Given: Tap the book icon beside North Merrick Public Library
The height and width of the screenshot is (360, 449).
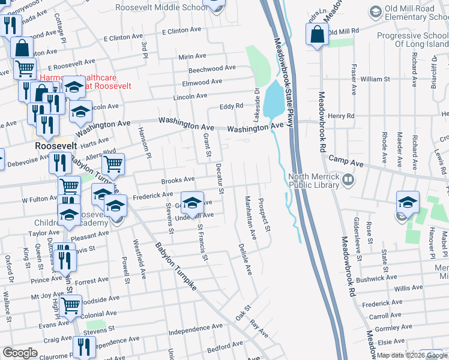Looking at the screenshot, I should (348, 179).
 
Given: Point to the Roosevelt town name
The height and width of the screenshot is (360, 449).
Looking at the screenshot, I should (53, 146).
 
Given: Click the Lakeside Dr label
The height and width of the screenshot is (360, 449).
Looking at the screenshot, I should (256, 100).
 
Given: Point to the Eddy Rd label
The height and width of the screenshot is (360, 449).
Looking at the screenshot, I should (231, 106).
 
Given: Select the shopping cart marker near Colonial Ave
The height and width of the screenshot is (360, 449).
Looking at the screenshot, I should (71, 305).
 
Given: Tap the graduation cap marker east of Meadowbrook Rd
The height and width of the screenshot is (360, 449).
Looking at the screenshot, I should (408, 202).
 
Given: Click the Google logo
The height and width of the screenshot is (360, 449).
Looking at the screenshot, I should (20, 353).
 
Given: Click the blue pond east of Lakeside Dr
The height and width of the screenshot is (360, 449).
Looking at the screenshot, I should (273, 100).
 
